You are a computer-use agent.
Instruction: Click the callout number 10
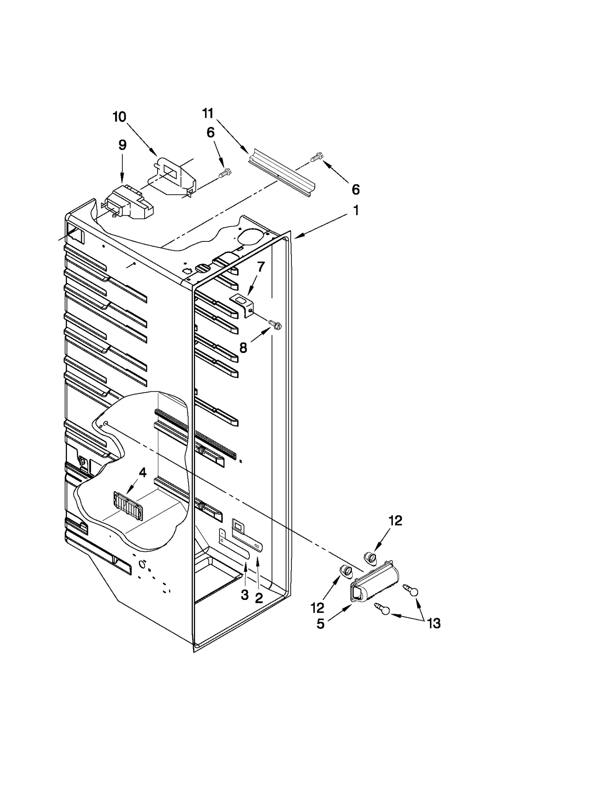(119, 117)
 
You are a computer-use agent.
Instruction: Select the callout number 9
(122, 145)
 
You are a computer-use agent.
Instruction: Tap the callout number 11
(208, 113)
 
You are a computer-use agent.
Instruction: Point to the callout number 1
(356, 210)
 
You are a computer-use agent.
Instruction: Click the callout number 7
(260, 267)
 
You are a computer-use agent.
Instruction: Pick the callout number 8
(243, 348)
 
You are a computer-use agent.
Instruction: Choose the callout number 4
(142, 473)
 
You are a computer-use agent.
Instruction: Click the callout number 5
(321, 624)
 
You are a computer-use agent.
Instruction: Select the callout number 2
(259, 598)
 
